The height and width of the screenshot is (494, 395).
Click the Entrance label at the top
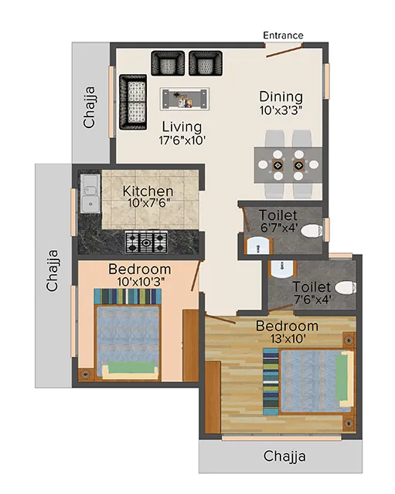pyautogui.click(x=283, y=36)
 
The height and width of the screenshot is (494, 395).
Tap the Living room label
pyautogui.click(x=182, y=127)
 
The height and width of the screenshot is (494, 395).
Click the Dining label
pyautogui.click(x=280, y=96)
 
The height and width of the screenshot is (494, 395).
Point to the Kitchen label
pyautogui.click(x=148, y=191)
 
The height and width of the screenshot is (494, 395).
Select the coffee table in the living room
pyautogui.click(x=185, y=98)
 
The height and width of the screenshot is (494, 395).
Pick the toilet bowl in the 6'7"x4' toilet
pyautogui.click(x=311, y=230)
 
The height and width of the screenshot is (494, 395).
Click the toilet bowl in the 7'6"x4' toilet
pyautogui.click(x=344, y=288)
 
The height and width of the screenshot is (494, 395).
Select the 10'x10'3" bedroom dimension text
pyautogui.click(x=139, y=283)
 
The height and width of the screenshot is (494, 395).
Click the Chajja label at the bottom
pyautogui.click(x=284, y=456)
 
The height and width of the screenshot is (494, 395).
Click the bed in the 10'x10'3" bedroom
pyautogui.click(x=128, y=338)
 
